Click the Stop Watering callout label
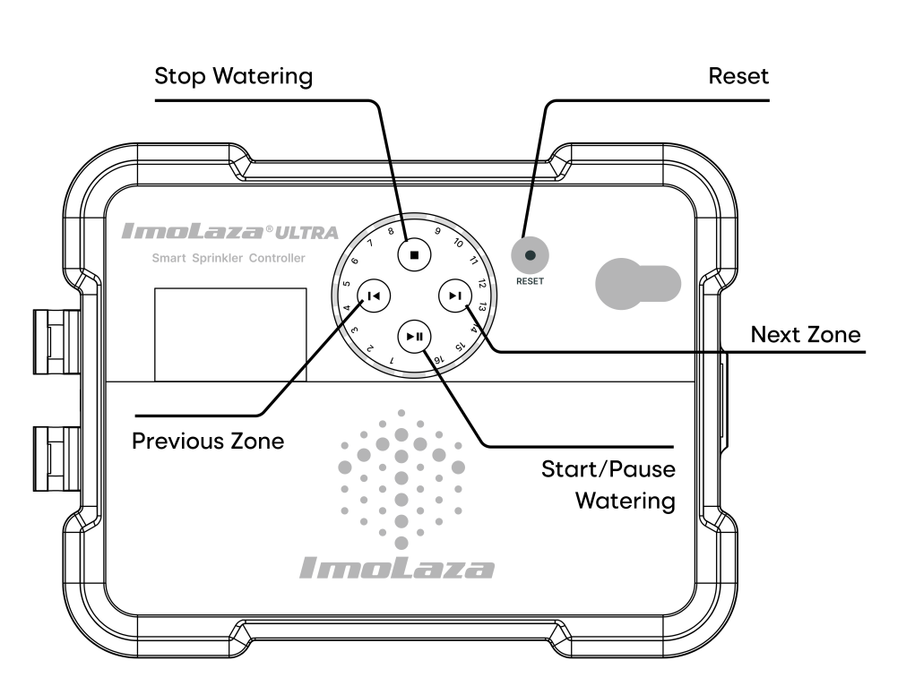tap(234, 76)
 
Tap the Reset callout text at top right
tap(738, 76)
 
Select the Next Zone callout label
tap(805, 335)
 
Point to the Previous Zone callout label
tap(208, 442)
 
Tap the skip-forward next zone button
tap(455, 295)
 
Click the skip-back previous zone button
tap(373, 295)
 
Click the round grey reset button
tap(530, 256)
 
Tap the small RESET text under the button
tap(530, 280)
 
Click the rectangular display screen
tap(230, 334)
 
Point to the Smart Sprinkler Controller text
tap(228, 259)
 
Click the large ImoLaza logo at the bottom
tap(396, 567)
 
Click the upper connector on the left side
tap(52, 341)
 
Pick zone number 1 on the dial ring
tap(392, 360)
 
